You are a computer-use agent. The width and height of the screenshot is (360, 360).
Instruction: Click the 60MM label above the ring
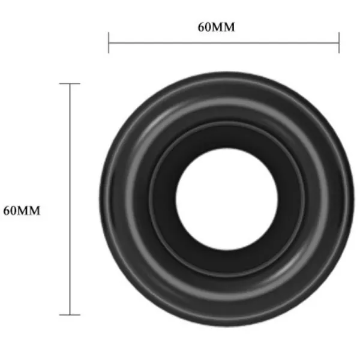(x=217, y=28)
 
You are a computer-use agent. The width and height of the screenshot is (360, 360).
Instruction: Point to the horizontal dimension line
(x=224, y=43)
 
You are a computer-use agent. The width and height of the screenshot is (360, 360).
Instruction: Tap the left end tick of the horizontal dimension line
(x=109, y=43)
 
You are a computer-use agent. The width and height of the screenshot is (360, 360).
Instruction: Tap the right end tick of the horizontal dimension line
(x=339, y=43)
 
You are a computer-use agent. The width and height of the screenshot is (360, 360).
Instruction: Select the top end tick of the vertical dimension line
(x=70, y=84)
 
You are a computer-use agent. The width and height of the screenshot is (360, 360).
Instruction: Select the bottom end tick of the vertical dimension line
(x=70, y=314)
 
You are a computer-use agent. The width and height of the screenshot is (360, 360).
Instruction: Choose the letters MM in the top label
(x=224, y=28)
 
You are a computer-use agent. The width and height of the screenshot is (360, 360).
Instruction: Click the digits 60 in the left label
(x=10, y=211)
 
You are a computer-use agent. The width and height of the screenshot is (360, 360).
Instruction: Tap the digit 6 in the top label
(x=202, y=28)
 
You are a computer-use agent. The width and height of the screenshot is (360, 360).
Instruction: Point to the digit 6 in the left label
(x=7, y=211)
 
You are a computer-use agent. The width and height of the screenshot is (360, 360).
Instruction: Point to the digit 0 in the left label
(x=14, y=211)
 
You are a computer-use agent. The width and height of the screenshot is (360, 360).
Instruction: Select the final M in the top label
(x=229, y=28)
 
